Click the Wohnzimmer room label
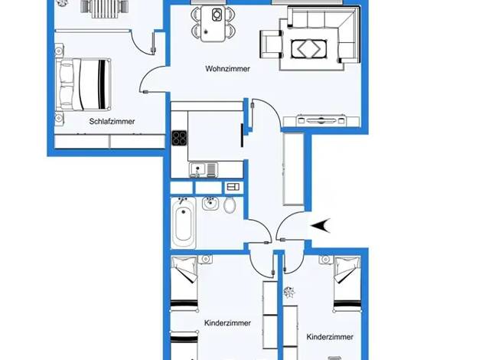(227, 69)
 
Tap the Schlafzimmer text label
(112, 122)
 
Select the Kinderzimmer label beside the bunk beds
(227, 323)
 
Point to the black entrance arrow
(321, 226)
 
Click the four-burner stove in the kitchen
(179, 138)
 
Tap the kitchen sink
(203, 170)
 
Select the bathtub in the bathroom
(183, 223)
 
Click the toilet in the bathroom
(230, 205)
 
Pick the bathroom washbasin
(210, 204)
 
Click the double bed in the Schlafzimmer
(83, 84)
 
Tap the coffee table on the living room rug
(309, 49)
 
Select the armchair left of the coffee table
(272, 44)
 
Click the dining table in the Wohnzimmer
(213, 24)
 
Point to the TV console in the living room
(321, 120)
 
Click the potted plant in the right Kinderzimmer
(288, 292)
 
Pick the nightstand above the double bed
(59, 50)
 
